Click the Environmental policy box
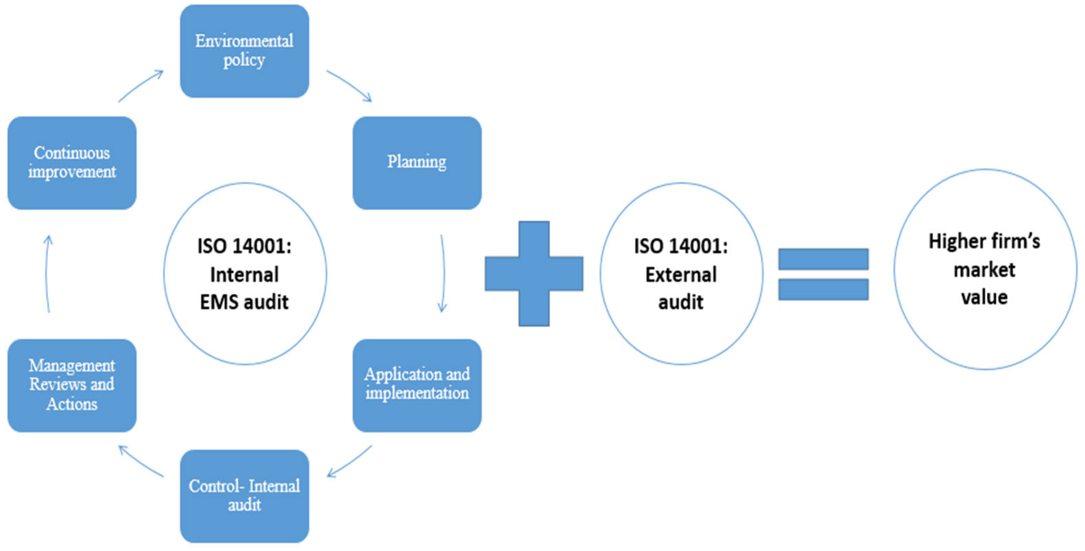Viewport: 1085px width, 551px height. point(244,51)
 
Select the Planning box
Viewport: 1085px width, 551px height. point(417,163)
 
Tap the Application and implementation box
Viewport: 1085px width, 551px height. point(417,385)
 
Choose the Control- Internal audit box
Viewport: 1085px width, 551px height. point(244,496)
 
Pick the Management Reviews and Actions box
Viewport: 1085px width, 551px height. point(72,385)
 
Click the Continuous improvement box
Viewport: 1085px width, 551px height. point(72,163)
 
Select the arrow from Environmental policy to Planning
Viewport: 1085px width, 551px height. point(350,85)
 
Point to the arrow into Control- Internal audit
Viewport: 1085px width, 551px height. point(350,461)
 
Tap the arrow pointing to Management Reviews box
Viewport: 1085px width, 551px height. point(141,461)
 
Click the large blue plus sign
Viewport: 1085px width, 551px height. point(534,273)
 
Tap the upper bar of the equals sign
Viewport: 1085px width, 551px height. point(823,259)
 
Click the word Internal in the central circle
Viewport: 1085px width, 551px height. point(244,275)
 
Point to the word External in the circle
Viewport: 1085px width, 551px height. point(681,275)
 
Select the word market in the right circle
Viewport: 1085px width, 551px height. point(984,270)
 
